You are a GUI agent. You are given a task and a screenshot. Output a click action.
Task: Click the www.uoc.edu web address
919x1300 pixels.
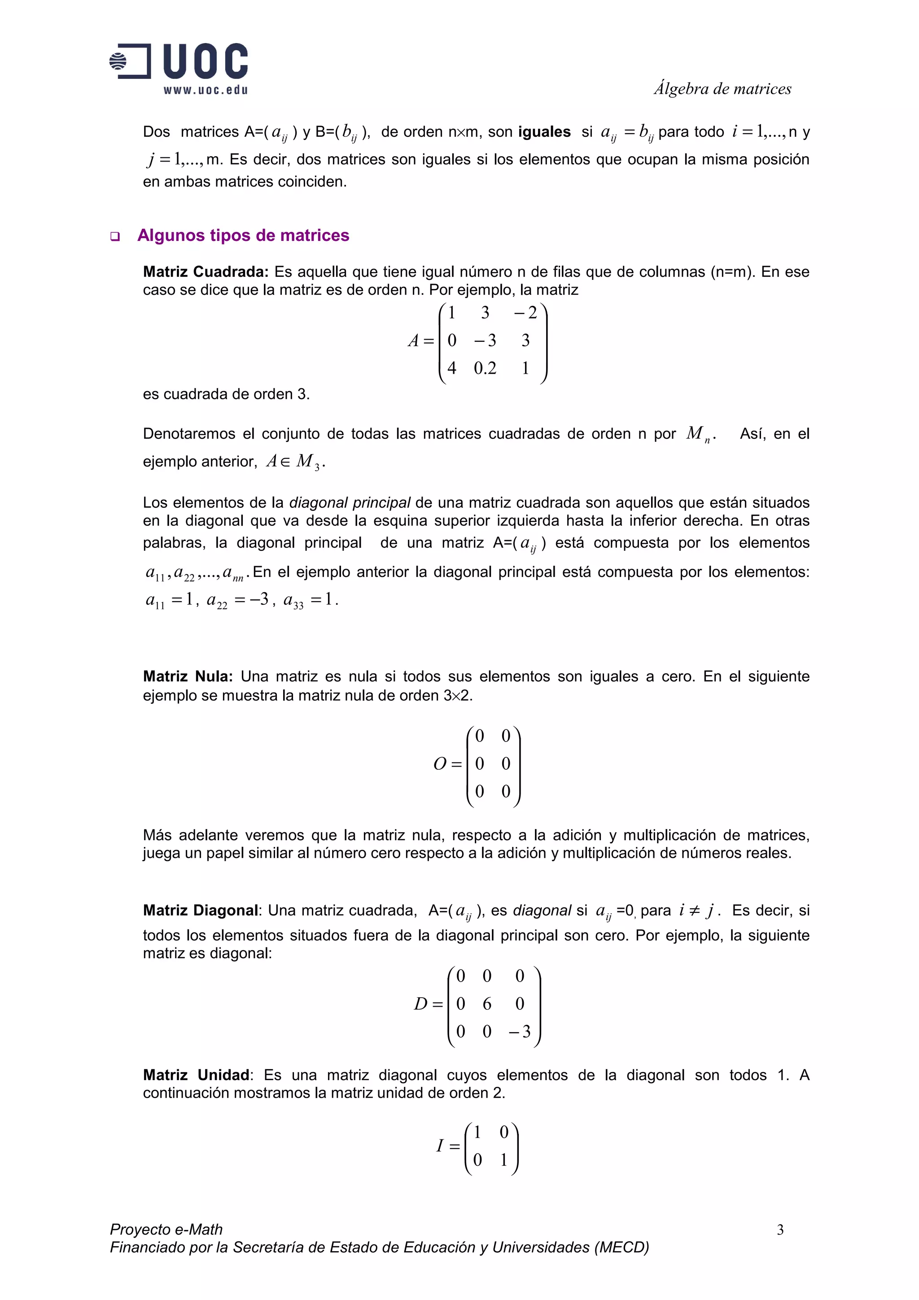point(206,90)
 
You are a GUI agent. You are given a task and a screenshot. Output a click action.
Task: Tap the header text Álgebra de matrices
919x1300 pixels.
point(722,89)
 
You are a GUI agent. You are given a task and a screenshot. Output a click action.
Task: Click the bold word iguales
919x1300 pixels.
point(544,132)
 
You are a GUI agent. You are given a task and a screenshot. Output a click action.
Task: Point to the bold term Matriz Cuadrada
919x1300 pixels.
point(205,272)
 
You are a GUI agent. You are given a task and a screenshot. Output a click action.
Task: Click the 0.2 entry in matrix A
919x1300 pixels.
point(485,369)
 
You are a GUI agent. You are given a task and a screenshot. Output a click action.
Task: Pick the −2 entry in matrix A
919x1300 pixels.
point(525,313)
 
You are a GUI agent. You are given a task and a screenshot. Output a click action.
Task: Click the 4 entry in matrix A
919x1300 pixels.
point(451,369)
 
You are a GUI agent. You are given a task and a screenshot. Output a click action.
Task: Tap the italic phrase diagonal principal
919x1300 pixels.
point(350,503)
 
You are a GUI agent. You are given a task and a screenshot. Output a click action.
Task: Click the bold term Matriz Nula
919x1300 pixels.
point(188,676)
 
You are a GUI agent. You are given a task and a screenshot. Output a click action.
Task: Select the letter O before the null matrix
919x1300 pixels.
point(440,764)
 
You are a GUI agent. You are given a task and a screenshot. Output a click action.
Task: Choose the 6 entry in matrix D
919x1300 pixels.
point(486,1004)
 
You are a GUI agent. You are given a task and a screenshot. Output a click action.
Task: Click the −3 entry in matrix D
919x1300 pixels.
point(519,1032)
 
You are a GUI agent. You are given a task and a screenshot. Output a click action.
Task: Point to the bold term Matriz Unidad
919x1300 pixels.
point(196,1075)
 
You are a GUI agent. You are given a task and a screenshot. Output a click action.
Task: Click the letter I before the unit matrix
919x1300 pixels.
point(439,1146)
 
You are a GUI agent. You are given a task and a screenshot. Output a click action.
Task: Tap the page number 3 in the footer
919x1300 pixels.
point(780,1229)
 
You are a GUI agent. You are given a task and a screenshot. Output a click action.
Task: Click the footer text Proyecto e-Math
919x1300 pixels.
point(166,1229)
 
